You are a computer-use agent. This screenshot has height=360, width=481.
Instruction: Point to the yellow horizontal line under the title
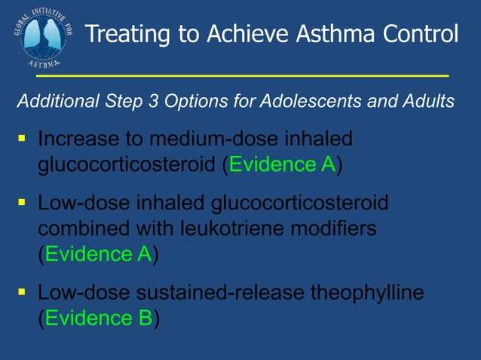pyautogui.click(x=241, y=76)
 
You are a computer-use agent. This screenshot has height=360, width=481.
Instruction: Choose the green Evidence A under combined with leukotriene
pyautogui.click(x=98, y=255)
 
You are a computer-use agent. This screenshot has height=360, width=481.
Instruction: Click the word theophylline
pyautogui.click(x=369, y=293)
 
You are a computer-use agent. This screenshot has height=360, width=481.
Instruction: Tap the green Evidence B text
pyautogui.click(x=98, y=318)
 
